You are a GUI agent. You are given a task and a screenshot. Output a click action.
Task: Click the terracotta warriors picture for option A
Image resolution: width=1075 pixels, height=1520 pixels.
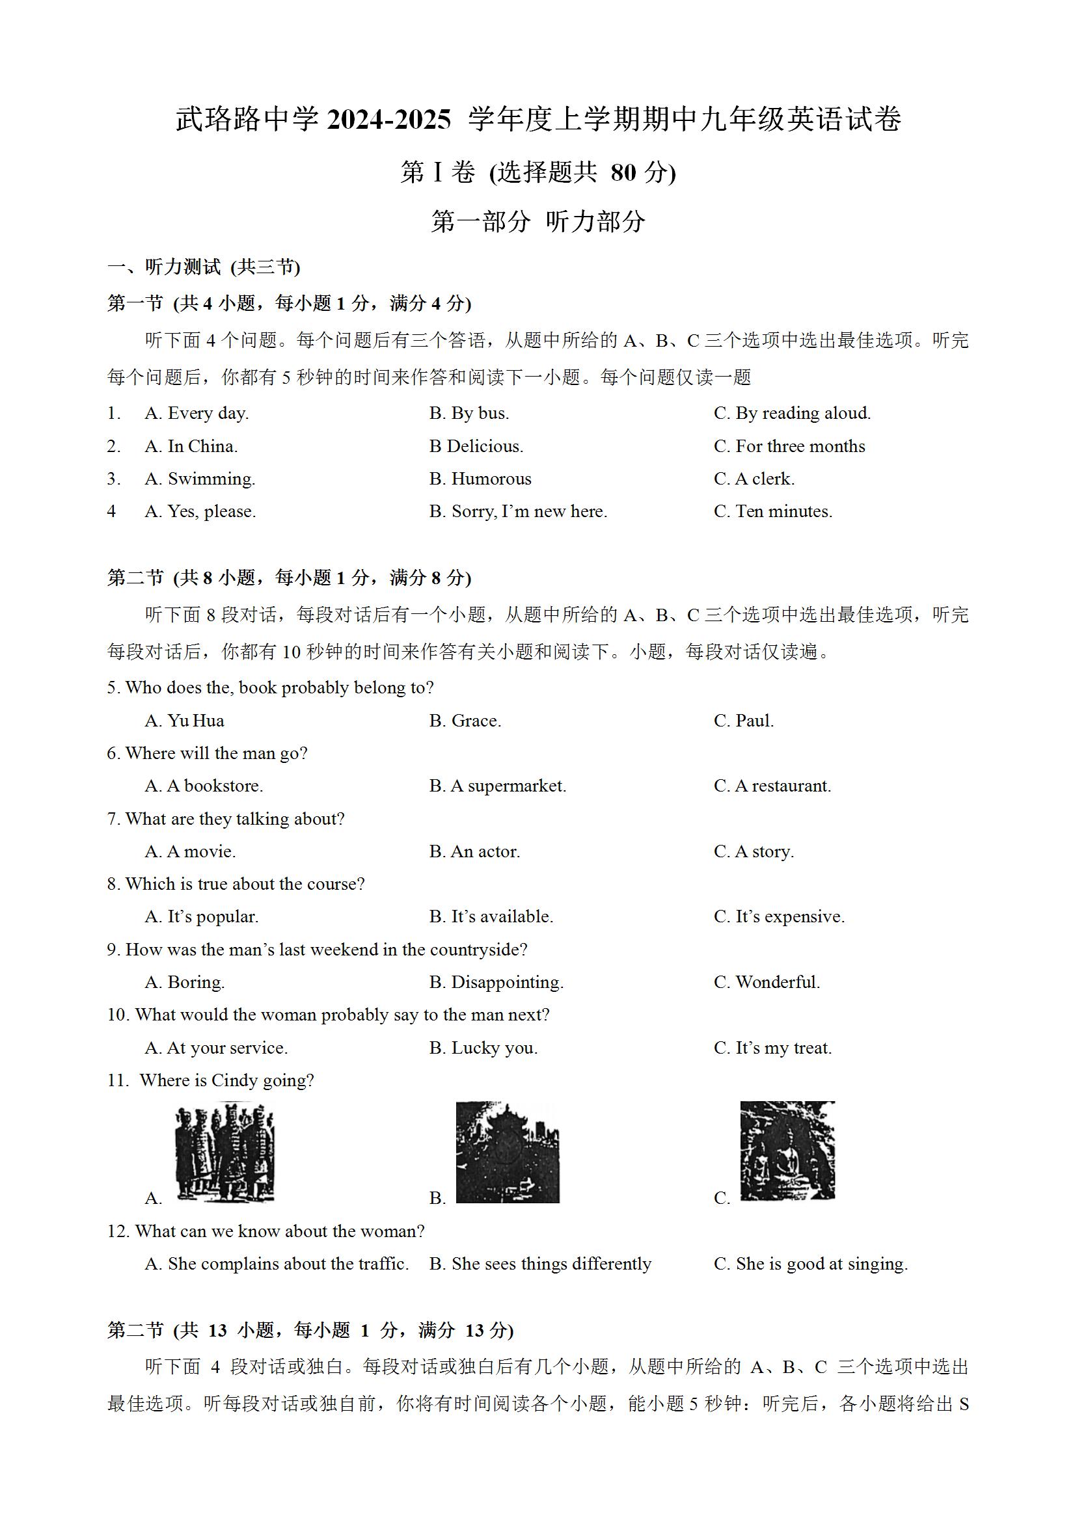pyautogui.click(x=225, y=1153)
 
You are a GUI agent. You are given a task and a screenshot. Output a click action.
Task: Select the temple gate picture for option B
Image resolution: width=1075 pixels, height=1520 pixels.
pyautogui.click(x=508, y=1153)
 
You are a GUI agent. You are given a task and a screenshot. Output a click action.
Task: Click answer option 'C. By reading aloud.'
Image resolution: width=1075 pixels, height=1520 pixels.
pyautogui.click(x=792, y=413)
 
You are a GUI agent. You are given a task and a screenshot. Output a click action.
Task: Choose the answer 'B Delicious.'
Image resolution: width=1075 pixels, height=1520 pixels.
pyautogui.click(x=476, y=446)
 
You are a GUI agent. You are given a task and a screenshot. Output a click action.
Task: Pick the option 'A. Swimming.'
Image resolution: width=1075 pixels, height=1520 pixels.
pyautogui.click(x=200, y=479)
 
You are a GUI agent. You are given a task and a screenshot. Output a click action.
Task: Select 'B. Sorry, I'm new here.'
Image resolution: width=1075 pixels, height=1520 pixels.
pyautogui.click(x=518, y=511)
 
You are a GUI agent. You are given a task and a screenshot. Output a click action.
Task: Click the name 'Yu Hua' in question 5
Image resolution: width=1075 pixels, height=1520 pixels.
pyautogui.click(x=195, y=720)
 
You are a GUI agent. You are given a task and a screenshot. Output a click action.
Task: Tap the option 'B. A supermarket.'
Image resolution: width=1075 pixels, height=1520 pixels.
pyautogui.click(x=497, y=786)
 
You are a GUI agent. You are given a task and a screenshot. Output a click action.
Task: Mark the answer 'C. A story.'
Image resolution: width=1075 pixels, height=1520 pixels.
pyautogui.click(x=754, y=851)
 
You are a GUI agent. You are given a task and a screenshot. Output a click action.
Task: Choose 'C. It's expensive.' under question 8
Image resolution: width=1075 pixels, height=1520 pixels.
pyautogui.click(x=779, y=917)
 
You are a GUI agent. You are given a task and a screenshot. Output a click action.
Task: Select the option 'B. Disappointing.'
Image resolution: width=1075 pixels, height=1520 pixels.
pyautogui.click(x=496, y=982)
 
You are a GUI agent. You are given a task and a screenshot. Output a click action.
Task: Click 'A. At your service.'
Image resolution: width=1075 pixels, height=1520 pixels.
pyautogui.click(x=217, y=1048)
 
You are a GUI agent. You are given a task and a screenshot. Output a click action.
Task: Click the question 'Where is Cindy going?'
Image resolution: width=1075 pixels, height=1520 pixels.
pyautogui.click(x=226, y=1080)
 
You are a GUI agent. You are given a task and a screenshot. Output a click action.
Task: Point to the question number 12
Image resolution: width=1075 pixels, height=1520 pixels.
pyautogui.click(x=116, y=1231)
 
